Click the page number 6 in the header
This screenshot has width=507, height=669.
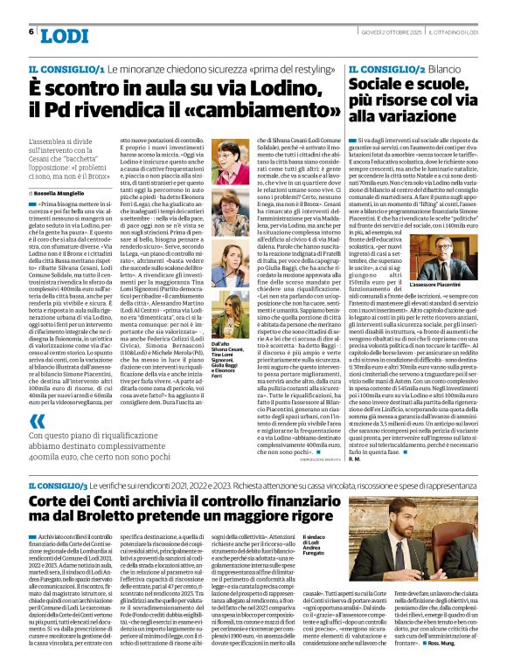tap(31, 31)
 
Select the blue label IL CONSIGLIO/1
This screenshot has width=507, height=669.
tap(59, 68)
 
